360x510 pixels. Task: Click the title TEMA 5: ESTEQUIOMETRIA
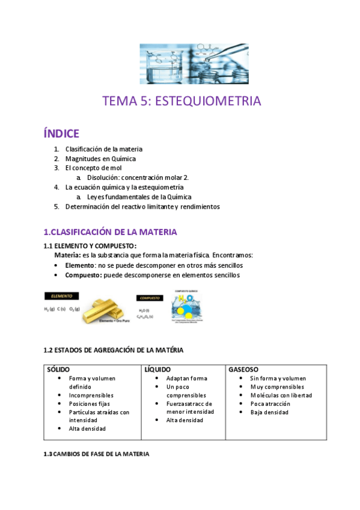[x=182, y=101]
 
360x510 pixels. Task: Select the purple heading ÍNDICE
[x=61, y=133]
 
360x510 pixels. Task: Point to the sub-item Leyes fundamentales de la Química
[x=139, y=197]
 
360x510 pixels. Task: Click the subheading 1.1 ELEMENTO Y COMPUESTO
[x=90, y=245]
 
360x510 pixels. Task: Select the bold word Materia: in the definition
[x=68, y=255]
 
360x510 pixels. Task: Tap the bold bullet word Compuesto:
[x=84, y=275]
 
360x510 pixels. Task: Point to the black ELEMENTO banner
[x=61, y=296]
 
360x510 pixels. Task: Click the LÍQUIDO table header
[x=157, y=369]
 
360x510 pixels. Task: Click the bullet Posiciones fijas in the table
[x=90, y=404]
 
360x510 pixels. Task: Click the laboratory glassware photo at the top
[x=194, y=64]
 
